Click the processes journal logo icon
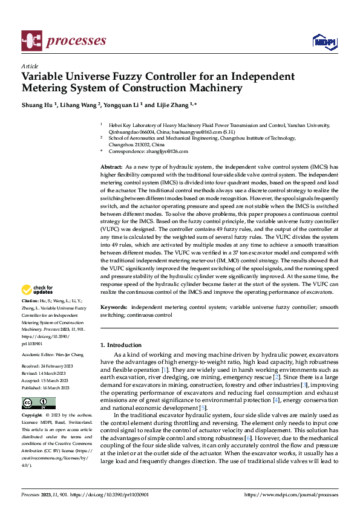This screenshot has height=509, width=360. [x=31, y=41]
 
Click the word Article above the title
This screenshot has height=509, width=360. [x=30, y=66]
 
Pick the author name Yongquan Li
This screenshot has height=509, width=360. [x=127, y=105]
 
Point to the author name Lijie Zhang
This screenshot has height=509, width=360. [x=173, y=105]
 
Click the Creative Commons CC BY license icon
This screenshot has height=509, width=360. [x=39, y=403]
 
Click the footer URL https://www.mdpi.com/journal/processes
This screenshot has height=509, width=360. [x=290, y=495]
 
